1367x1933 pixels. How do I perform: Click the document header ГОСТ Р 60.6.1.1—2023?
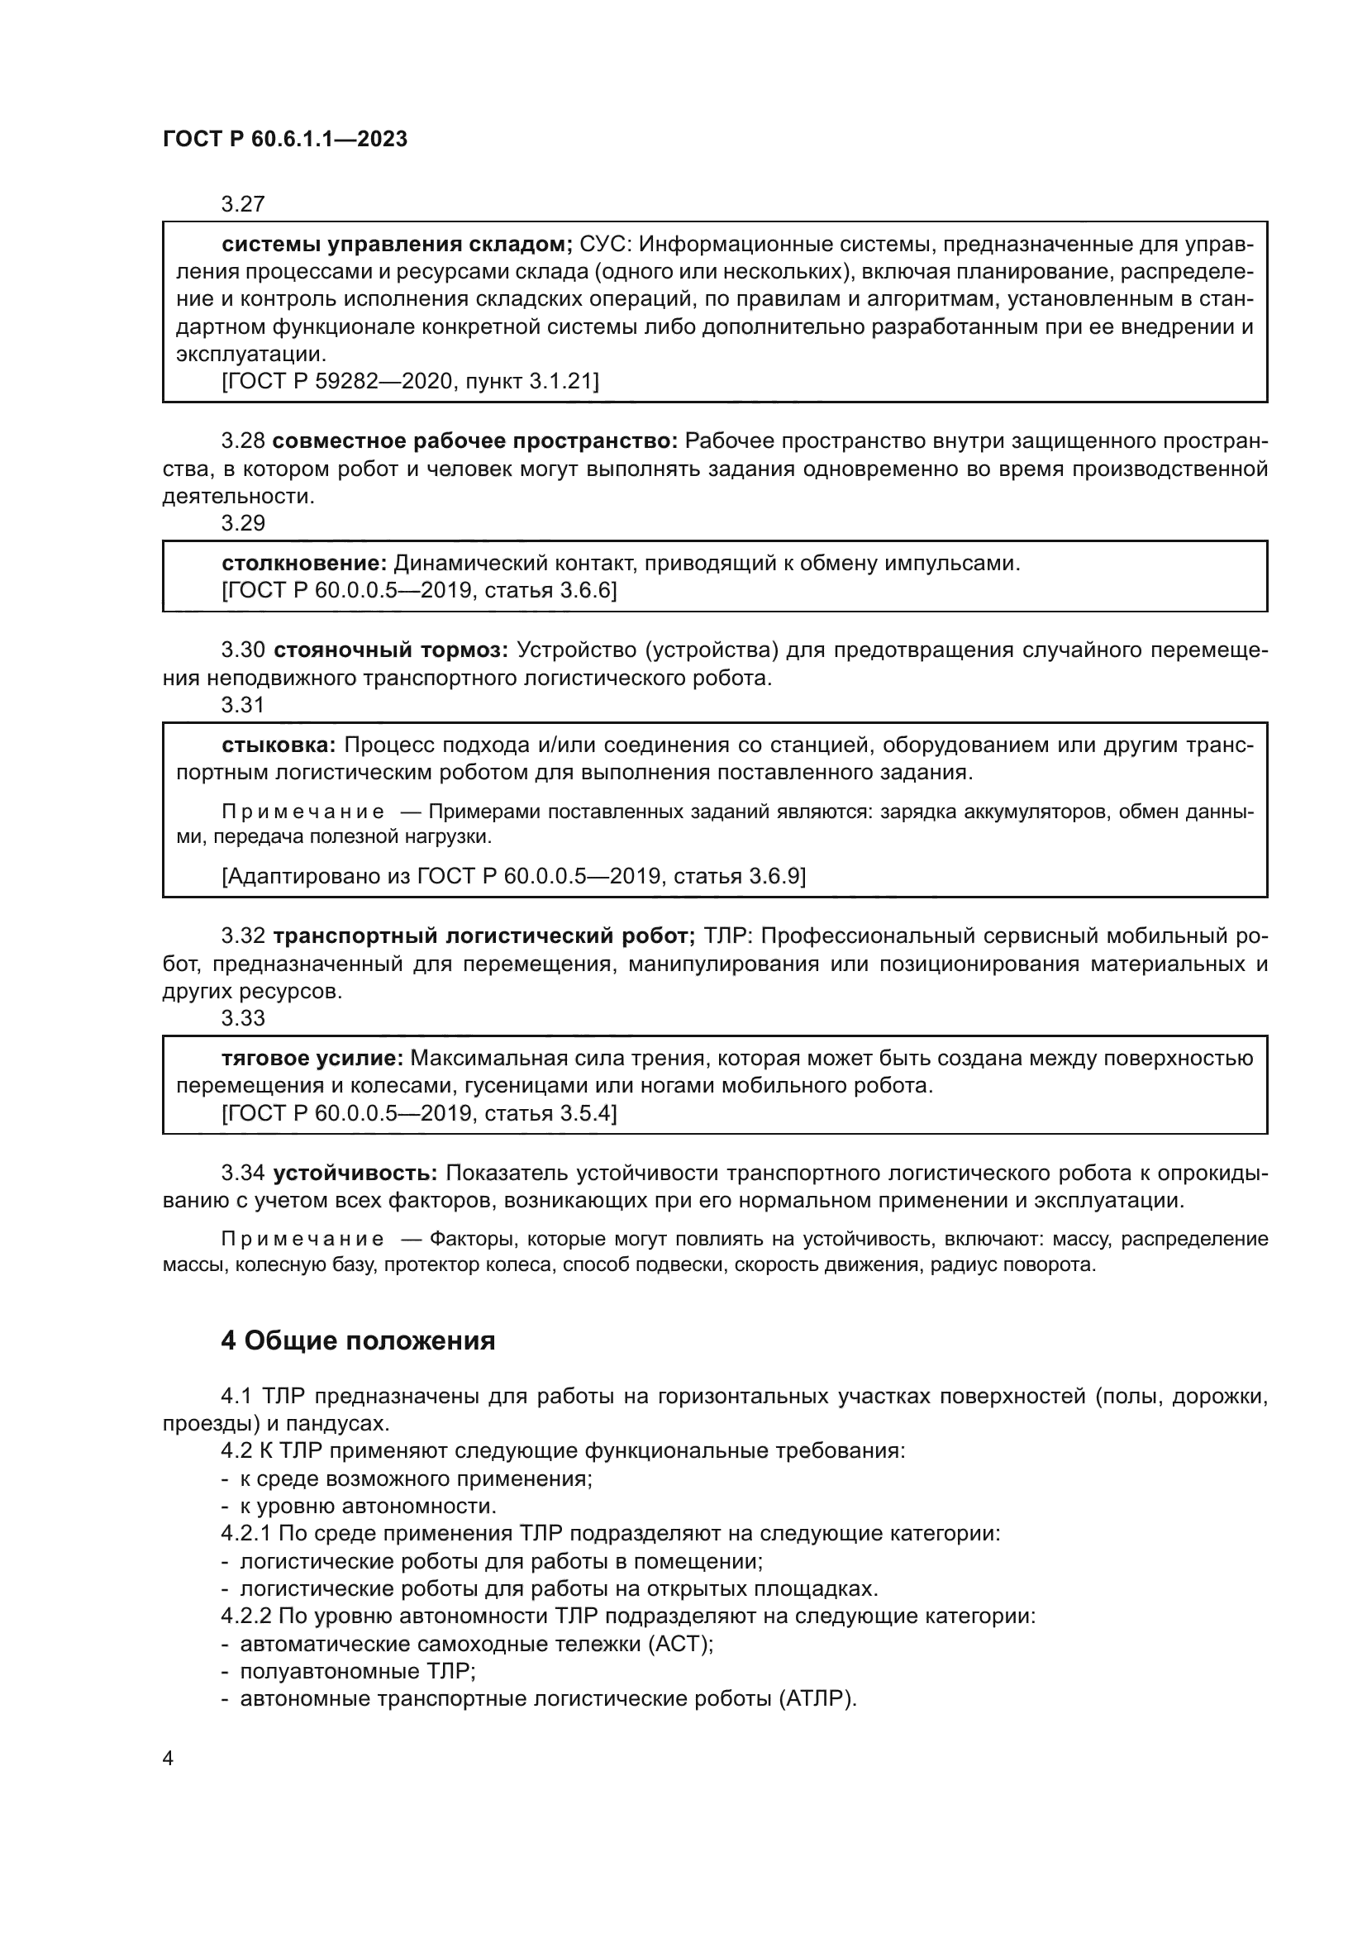coord(285,140)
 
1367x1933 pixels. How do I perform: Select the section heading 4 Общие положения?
coord(358,1340)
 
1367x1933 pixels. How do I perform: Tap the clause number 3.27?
coord(242,204)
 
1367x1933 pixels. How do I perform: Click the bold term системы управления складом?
coord(397,244)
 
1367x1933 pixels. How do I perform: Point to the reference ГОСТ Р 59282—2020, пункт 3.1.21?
coord(410,381)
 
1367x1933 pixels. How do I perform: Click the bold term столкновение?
coord(304,564)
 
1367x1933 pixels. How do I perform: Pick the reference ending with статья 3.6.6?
coord(418,590)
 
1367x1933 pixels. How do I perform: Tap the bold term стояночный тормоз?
coord(391,650)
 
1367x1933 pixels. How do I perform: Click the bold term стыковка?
coord(279,745)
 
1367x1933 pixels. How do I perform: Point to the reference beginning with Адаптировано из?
coord(513,876)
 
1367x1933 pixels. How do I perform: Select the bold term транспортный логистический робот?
coord(484,936)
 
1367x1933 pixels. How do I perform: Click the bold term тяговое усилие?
coord(312,1059)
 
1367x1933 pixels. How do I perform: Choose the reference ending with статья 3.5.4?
coord(418,1113)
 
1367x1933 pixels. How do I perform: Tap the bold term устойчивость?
coord(355,1173)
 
